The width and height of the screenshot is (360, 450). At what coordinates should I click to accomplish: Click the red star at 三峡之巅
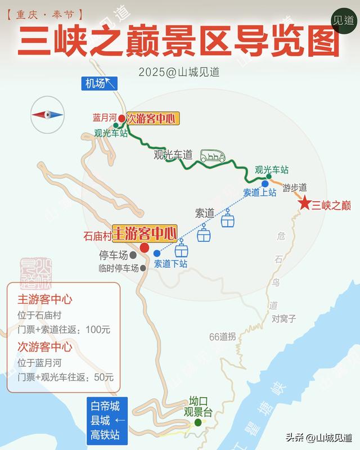305,204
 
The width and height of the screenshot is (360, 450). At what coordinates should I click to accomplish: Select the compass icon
47,114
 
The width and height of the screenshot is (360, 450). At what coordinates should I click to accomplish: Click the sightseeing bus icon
213,155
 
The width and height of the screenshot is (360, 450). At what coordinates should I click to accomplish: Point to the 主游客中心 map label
145,232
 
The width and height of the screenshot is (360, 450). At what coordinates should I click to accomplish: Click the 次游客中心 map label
151,119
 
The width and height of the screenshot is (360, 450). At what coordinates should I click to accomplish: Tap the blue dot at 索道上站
265,183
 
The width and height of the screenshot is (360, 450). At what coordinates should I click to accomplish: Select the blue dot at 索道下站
157,253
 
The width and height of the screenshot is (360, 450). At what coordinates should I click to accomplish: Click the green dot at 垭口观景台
198,422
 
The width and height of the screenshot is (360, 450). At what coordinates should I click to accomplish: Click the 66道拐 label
222,337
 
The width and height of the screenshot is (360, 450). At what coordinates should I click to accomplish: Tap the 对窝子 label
284,318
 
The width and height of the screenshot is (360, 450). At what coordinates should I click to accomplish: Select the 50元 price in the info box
104,377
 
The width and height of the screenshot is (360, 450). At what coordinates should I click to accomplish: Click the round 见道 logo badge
344,20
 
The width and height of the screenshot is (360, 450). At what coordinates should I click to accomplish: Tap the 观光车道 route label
173,155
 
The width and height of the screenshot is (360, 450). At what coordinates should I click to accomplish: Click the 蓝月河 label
104,118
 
